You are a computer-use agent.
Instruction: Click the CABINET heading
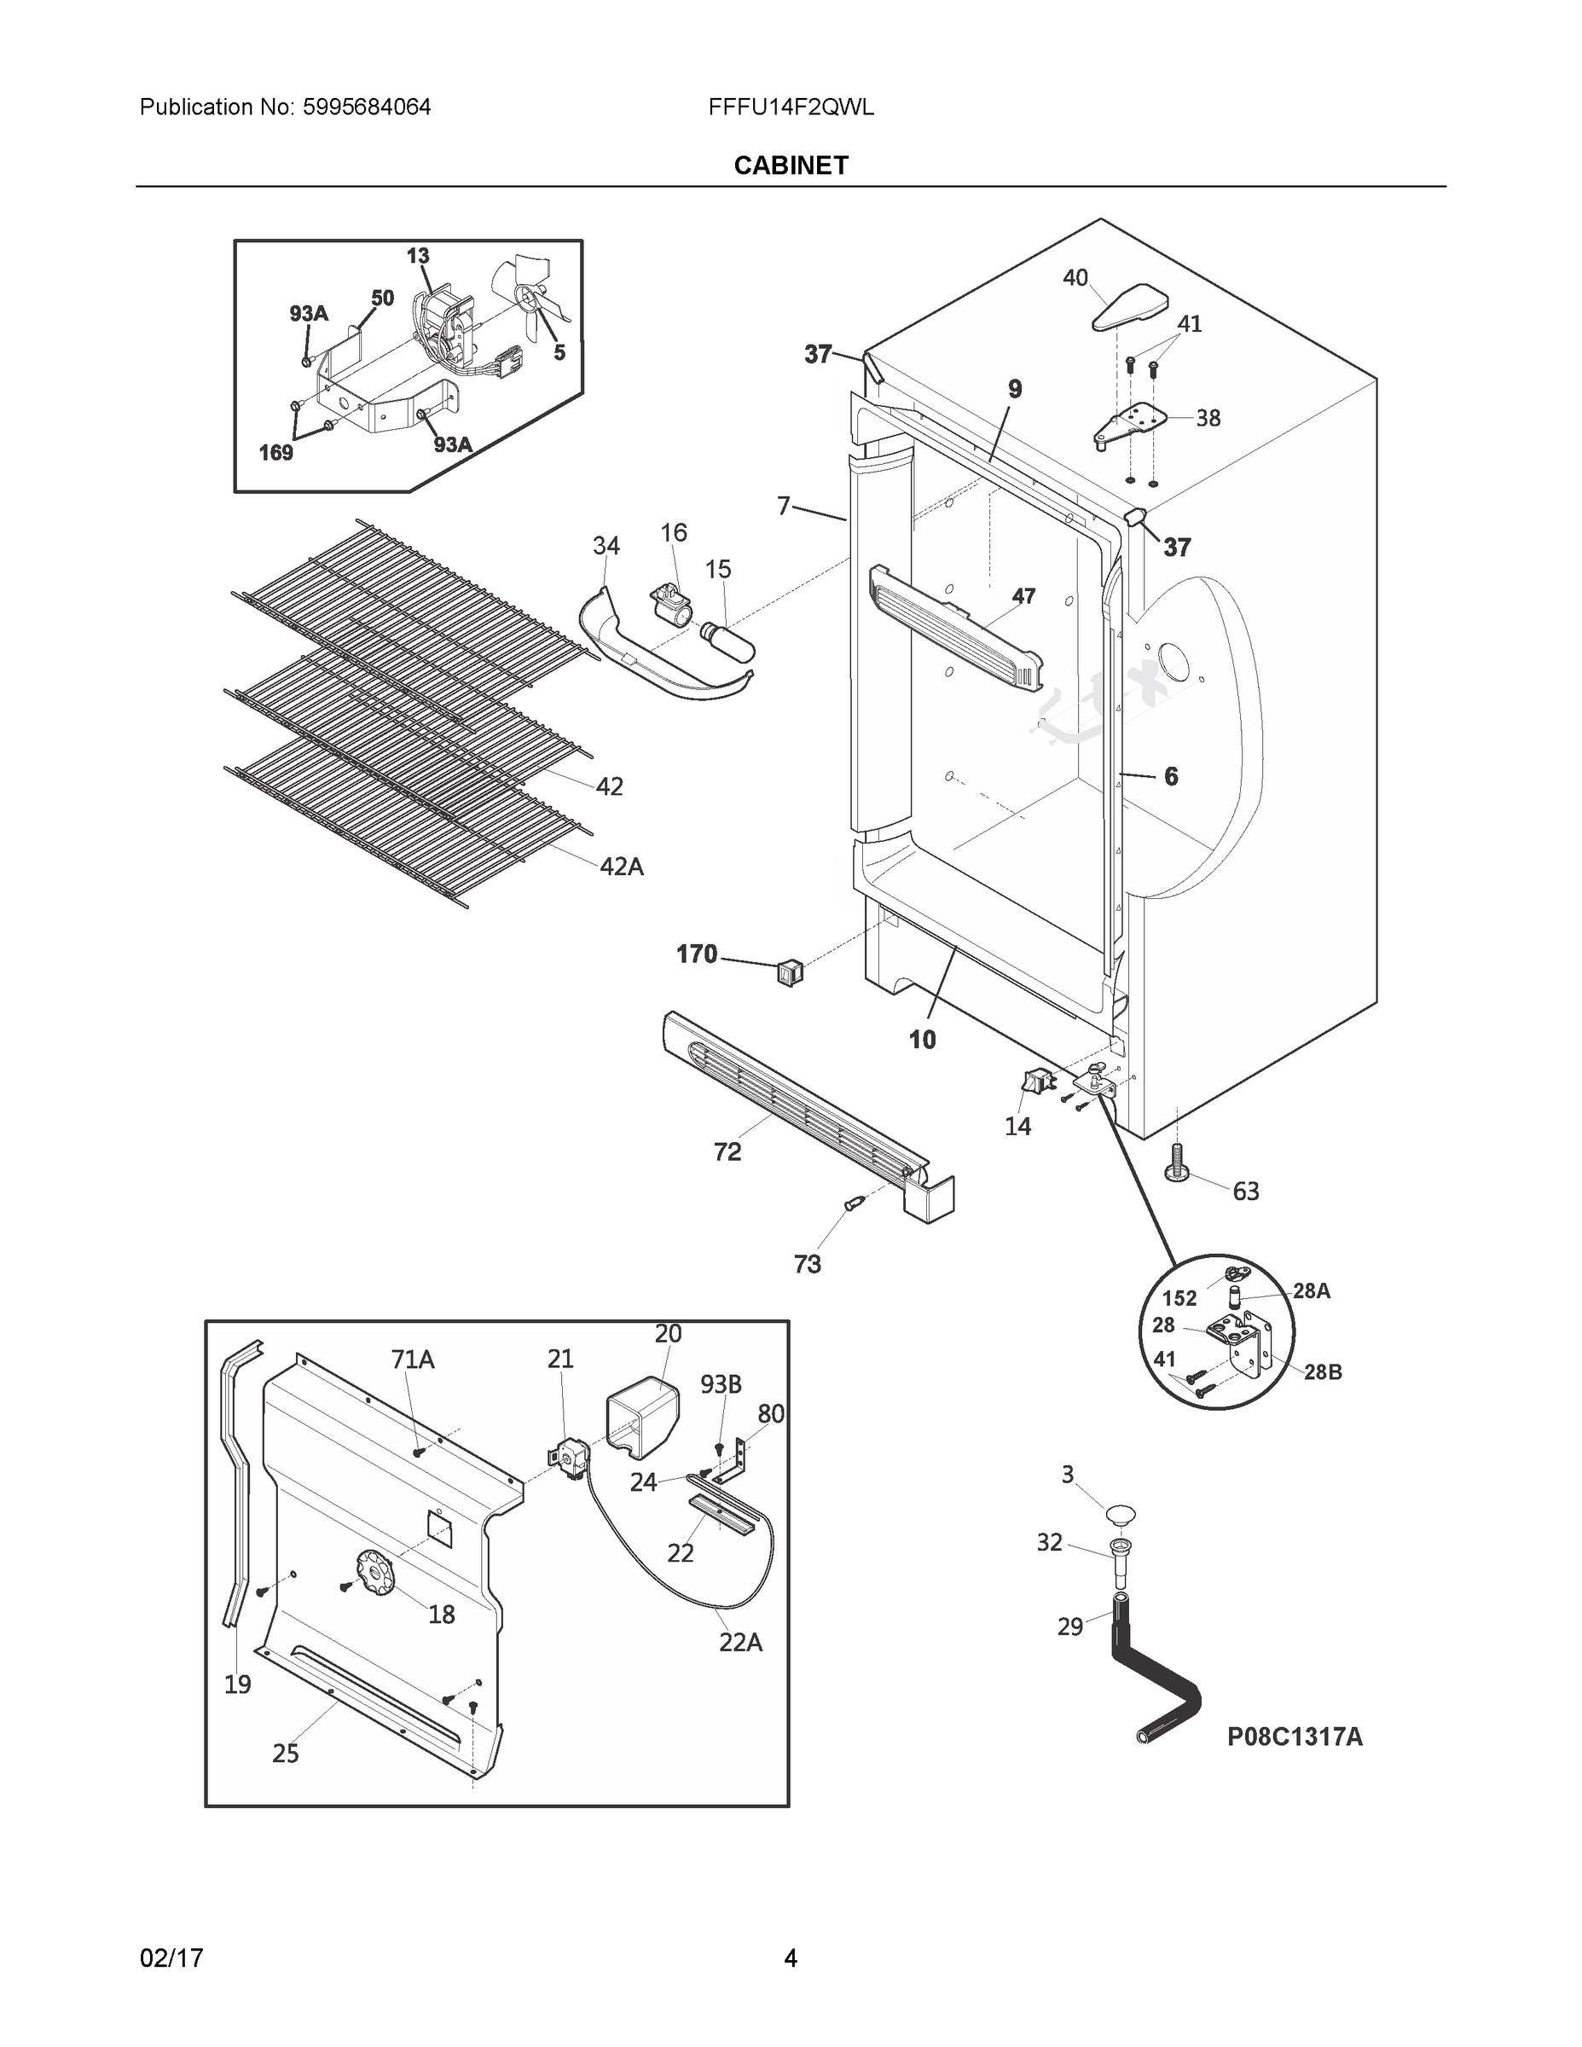tap(790, 166)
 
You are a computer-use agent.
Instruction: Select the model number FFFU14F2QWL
tap(791, 107)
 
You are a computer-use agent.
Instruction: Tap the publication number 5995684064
tap(367, 107)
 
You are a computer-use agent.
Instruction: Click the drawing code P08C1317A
tap(1295, 1737)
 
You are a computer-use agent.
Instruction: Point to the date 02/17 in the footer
tap(171, 1958)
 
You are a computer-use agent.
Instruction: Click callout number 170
tap(697, 954)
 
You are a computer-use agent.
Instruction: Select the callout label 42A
tap(622, 867)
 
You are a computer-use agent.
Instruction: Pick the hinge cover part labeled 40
tap(1131, 306)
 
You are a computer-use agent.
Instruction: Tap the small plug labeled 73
tap(853, 1203)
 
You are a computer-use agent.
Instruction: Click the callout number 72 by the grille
tap(727, 1152)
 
